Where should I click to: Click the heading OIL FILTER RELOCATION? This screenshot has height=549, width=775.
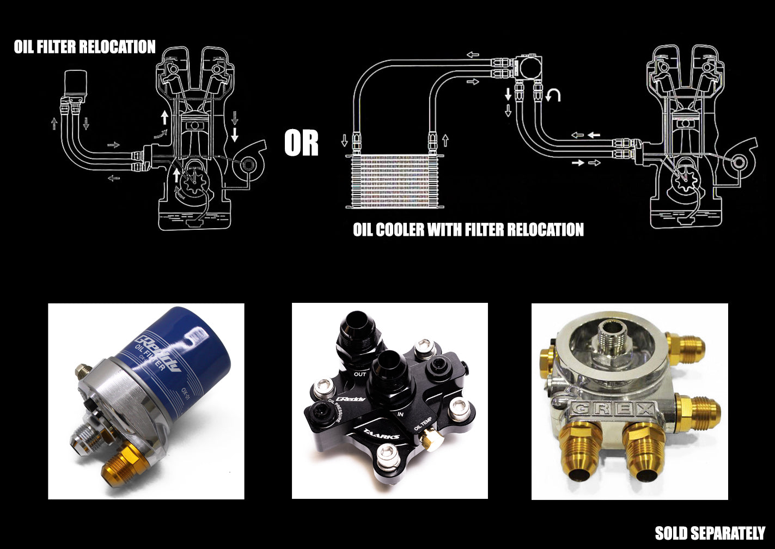click(84, 47)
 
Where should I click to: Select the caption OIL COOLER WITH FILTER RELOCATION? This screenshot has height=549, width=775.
click(468, 229)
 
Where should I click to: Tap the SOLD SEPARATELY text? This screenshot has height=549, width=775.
click(710, 532)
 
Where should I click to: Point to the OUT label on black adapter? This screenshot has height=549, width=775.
click(360, 374)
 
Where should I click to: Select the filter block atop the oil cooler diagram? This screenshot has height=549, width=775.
click(527, 67)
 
